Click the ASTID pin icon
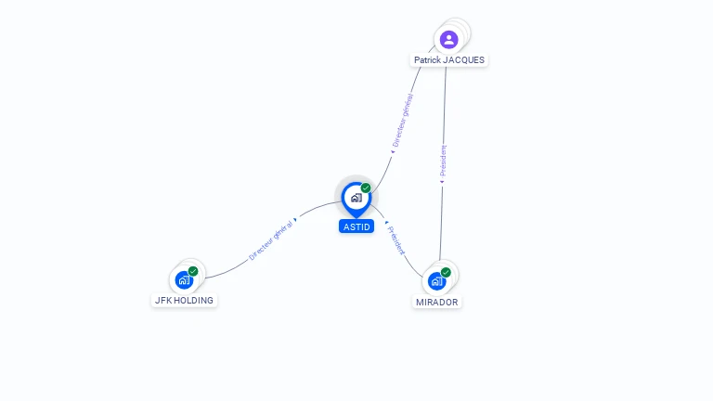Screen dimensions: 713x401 point(356,198)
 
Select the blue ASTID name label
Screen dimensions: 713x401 point(356,226)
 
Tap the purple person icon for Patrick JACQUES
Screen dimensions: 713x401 point(449,39)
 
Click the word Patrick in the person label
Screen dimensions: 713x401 point(427,60)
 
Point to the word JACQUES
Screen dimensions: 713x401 point(463,60)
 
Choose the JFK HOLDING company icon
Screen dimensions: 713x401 point(185,278)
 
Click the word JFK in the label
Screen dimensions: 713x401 point(163,301)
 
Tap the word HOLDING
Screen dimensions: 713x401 point(194,301)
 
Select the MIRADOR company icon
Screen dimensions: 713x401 point(436,280)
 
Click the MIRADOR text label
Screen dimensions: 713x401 point(437,303)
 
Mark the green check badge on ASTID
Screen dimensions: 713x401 point(366,188)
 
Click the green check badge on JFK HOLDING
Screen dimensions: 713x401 point(193,270)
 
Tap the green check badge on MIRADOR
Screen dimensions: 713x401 point(446,272)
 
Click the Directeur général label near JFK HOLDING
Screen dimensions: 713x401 point(270,239)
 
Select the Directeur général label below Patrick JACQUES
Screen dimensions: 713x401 point(403,120)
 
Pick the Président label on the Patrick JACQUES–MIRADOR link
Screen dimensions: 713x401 point(444,160)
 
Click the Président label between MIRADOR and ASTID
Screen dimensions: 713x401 point(396,240)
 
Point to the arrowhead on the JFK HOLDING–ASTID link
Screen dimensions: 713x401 point(295,220)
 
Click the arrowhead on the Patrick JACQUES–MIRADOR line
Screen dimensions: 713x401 point(442,182)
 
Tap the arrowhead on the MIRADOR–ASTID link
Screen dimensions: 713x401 point(385,223)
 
